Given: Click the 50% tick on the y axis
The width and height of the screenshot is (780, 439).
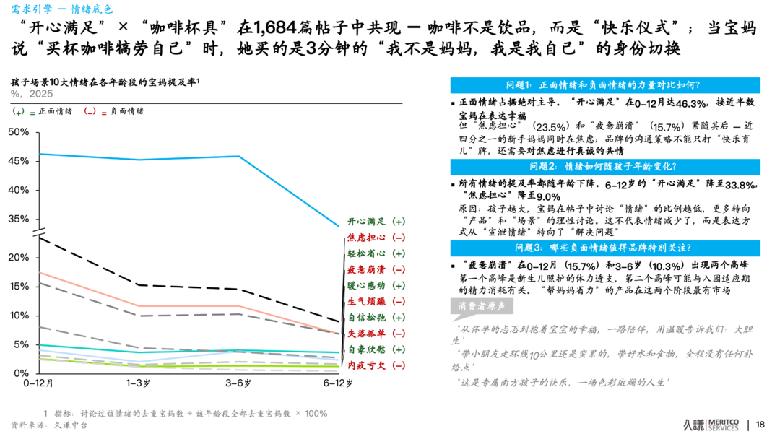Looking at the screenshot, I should [x=19, y=132].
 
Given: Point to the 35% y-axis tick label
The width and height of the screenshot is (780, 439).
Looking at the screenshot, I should [x=19, y=219].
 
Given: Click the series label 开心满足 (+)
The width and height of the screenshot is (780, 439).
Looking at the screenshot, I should [x=376, y=222].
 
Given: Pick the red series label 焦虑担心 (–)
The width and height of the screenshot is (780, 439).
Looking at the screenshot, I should [x=376, y=238].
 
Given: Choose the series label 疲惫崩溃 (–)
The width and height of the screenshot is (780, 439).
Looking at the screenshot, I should [x=376, y=269].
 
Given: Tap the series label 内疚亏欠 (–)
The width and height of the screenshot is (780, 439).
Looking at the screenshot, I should [x=376, y=365].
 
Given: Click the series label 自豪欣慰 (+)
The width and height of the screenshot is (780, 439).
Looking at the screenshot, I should [x=376, y=349].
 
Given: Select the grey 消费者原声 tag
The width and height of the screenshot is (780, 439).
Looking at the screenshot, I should [x=482, y=306].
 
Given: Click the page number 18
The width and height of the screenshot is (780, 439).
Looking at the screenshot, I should [x=760, y=425].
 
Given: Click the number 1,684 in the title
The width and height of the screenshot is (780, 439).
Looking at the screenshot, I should [x=272, y=30].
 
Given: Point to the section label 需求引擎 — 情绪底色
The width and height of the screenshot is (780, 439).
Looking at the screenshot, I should [x=62, y=9].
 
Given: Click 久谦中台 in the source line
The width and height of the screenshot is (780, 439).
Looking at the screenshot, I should [x=71, y=425].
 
